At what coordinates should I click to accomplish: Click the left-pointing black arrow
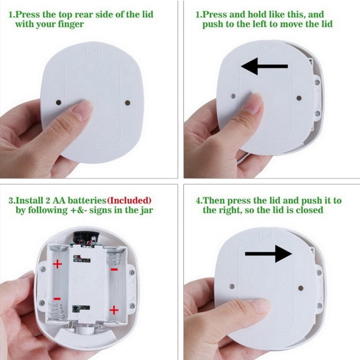(264, 67)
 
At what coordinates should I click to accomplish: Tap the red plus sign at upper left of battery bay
(58, 264)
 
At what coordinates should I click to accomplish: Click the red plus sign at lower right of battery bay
(114, 310)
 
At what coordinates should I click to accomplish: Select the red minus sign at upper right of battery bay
(114, 269)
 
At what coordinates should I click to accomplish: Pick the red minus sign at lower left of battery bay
(57, 299)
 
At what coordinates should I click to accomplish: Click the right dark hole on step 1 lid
(128, 102)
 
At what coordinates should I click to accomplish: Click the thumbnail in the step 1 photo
(83, 110)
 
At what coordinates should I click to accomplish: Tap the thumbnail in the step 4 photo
(262, 305)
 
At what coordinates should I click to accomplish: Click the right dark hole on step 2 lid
(299, 98)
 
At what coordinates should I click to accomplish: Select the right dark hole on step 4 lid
(300, 288)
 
